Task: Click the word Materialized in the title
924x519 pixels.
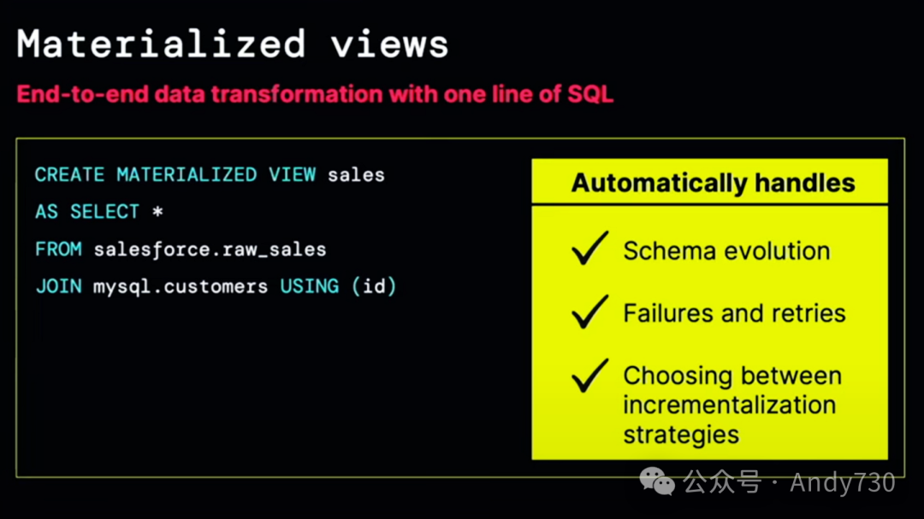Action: [162, 43]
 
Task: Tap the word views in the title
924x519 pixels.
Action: [390, 43]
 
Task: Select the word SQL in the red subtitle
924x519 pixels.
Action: [590, 93]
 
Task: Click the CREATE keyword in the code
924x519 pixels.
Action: [69, 175]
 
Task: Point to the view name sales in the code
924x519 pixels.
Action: [356, 175]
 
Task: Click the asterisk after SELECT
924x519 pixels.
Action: [157, 211]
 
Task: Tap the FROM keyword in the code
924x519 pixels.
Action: [58, 250]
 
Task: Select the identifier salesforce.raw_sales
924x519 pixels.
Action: [210, 250]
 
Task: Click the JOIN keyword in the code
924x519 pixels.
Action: [58, 286]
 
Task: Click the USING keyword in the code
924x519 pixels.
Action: [310, 286]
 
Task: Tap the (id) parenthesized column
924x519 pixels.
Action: [374, 286]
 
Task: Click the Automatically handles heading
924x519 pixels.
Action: [713, 183]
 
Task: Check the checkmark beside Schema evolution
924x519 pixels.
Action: [589, 249]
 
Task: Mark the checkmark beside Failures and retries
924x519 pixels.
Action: [589, 312]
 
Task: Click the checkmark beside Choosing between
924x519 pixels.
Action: [589, 375]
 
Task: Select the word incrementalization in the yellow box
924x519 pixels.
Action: [729, 404]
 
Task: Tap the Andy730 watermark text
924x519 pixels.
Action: [842, 483]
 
